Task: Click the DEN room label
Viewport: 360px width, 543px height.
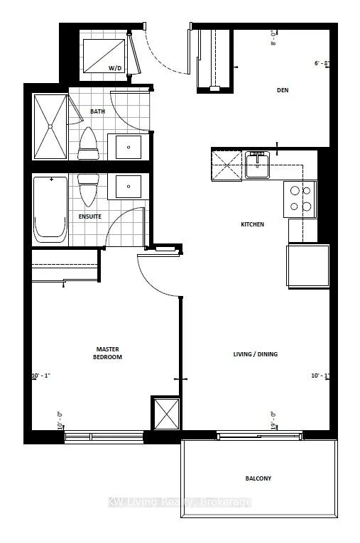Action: [283, 90]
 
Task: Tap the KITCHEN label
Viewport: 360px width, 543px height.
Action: [252, 224]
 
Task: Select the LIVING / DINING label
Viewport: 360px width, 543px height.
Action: [256, 354]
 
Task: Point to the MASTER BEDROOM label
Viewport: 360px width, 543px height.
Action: [107, 353]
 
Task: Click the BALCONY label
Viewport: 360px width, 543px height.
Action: [258, 478]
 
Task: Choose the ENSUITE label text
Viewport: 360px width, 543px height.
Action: [89, 216]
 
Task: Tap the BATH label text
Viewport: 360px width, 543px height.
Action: [97, 111]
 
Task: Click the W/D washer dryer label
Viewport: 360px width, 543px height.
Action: [115, 68]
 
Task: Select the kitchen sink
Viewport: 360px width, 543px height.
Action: [258, 165]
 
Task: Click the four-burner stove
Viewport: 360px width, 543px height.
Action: [300, 199]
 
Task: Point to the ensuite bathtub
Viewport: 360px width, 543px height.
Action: [50, 210]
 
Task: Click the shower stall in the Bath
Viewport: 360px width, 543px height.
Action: [50, 126]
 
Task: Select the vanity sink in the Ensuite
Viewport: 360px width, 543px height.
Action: [129, 186]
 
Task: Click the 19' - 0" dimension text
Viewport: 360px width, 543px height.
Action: [273, 419]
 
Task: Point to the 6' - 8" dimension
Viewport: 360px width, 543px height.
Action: [322, 63]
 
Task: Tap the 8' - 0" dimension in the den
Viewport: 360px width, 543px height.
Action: [273, 38]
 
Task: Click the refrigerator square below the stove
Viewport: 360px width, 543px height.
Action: [307, 265]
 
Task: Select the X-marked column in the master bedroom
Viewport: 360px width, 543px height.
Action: [166, 414]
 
